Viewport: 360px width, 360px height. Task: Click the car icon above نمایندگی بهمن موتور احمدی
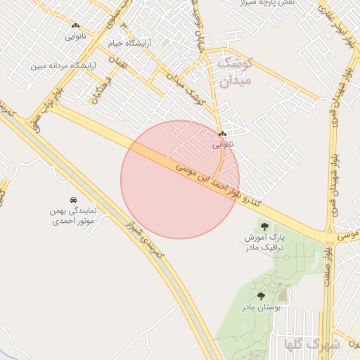click(x=74, y=200)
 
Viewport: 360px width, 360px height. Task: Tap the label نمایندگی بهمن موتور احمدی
click(x=73, y=215)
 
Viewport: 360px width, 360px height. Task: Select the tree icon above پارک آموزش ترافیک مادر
click(x=264, y=226)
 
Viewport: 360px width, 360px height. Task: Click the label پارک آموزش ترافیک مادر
click(x=264, y=243)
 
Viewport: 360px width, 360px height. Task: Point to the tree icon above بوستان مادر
click(x=262, y=297)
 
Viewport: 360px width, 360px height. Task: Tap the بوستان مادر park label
click(x=262, y=308)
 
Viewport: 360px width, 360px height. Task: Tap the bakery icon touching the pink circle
click(x=222, y=134)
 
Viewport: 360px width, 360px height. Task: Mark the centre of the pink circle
click(x=180, y=179)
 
